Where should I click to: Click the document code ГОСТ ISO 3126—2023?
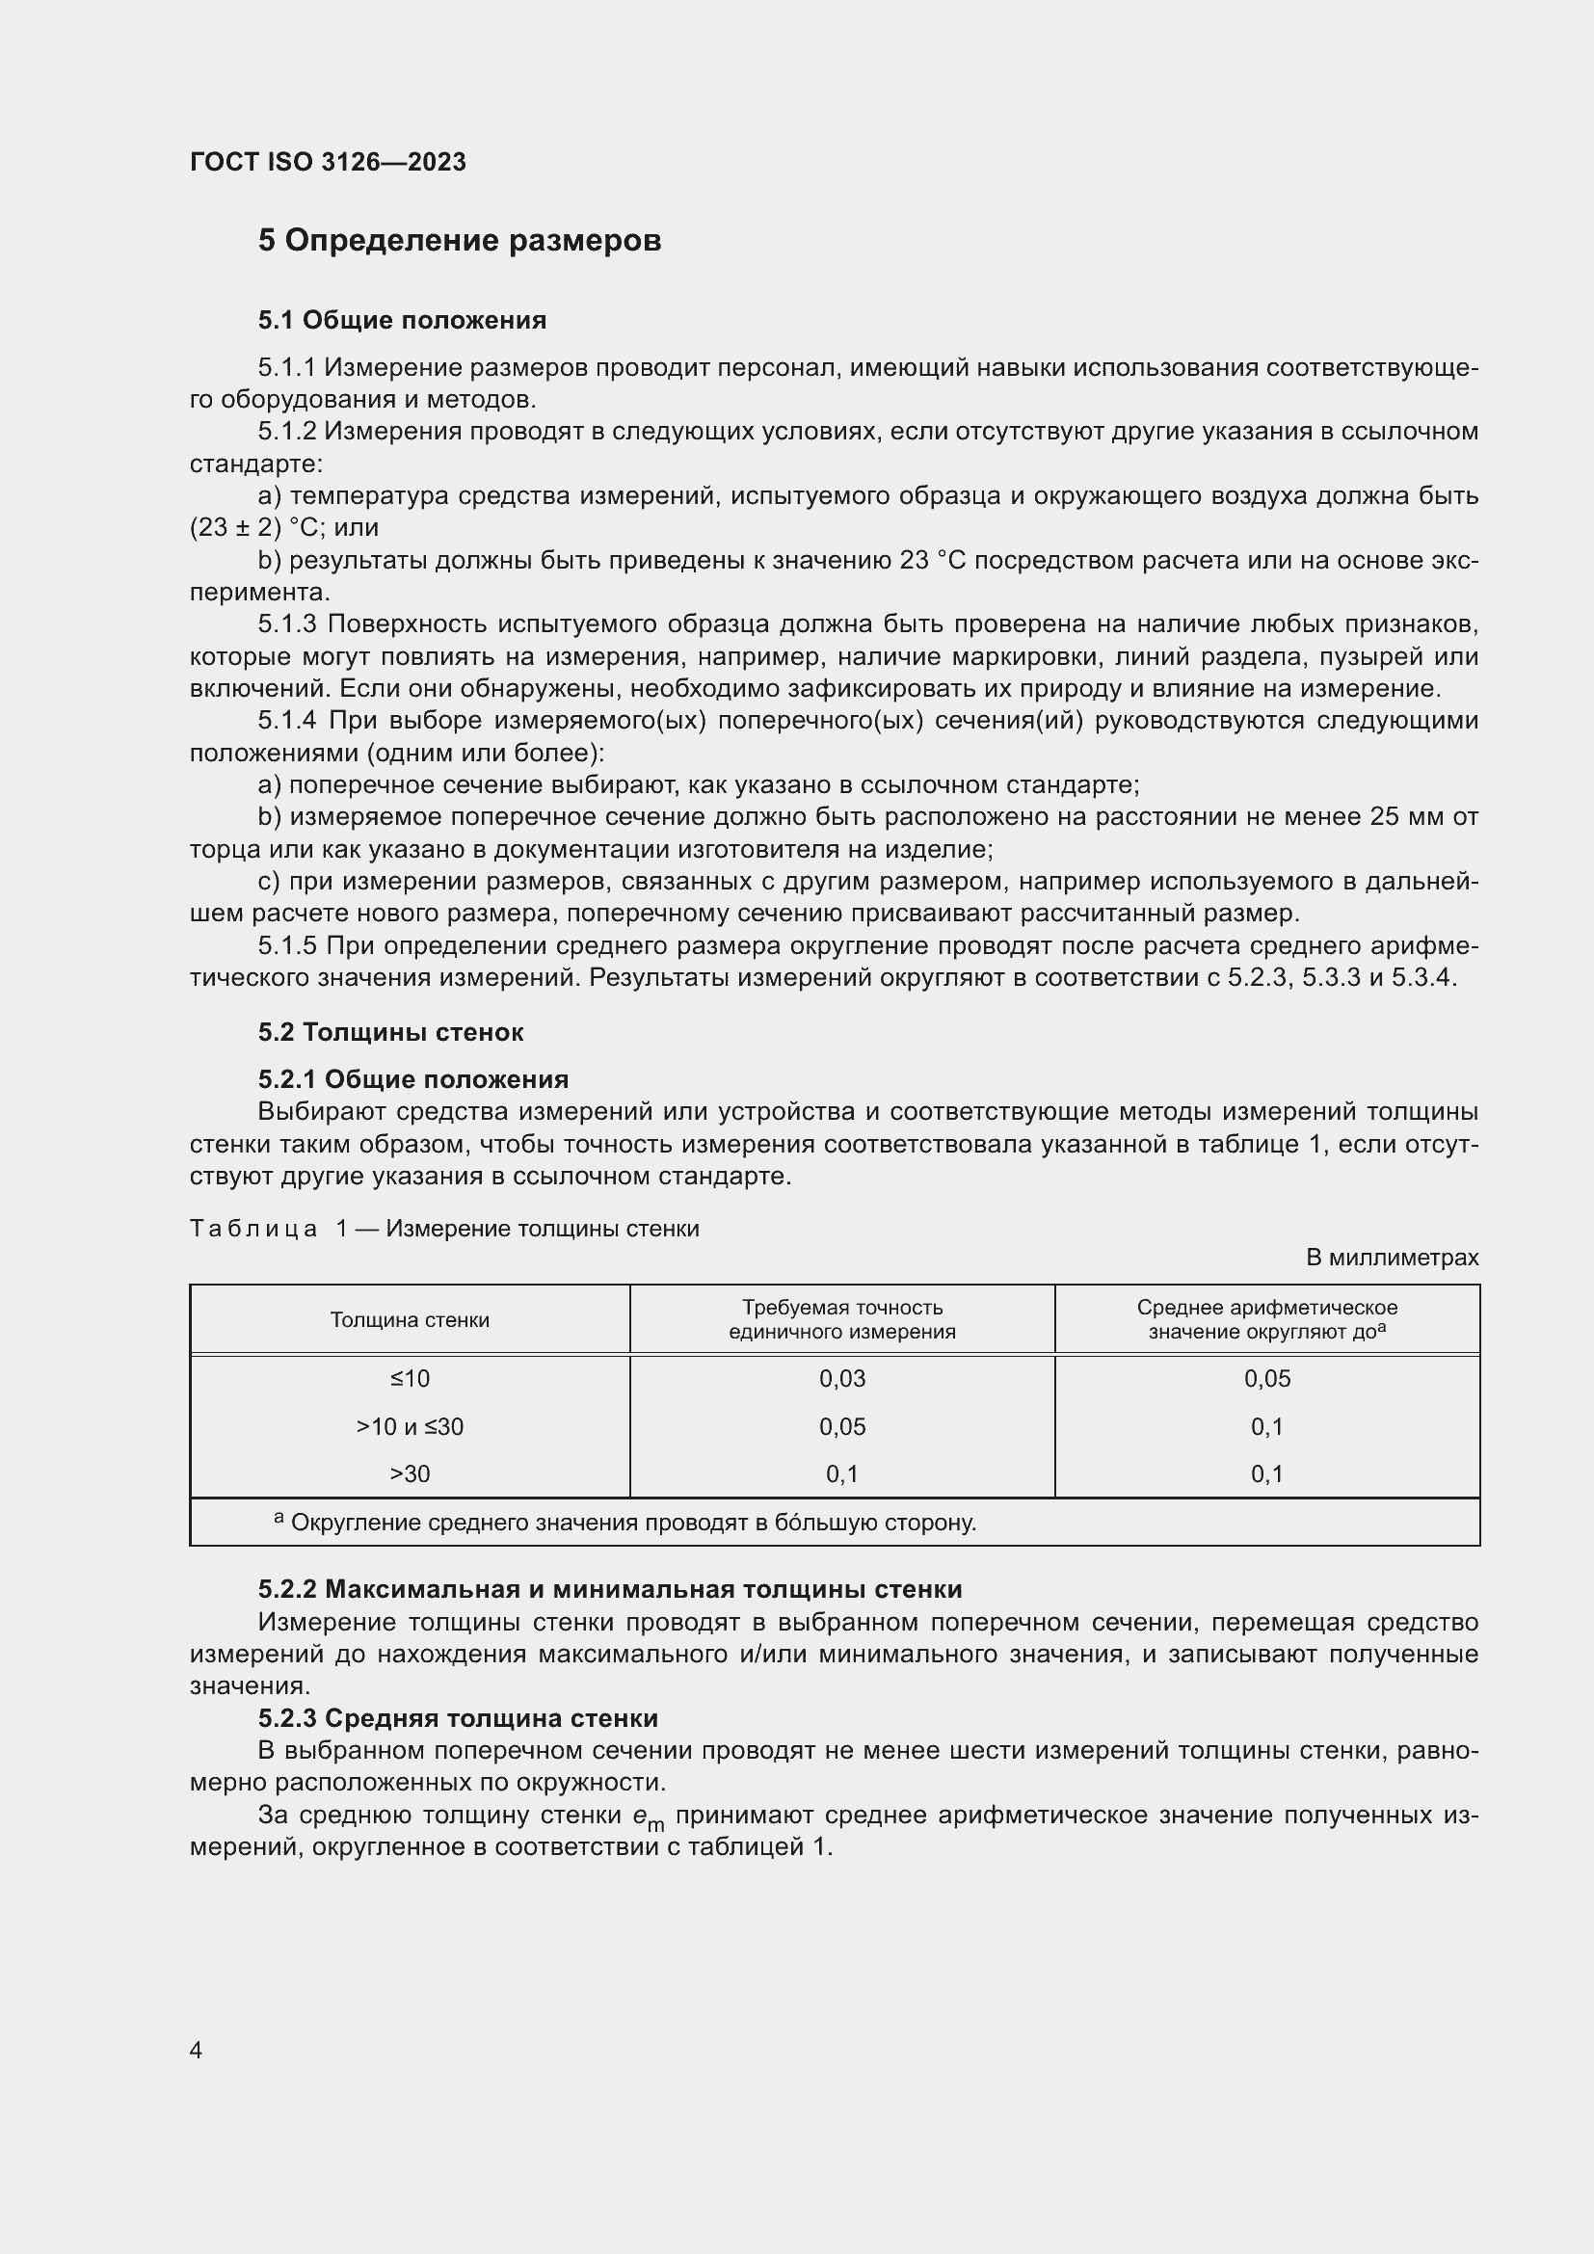coord(327,162)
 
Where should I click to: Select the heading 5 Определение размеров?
coord(460,241)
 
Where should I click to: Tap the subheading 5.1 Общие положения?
coord(403,320)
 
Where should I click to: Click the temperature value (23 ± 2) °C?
coord(257,528)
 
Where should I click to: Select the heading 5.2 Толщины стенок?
coord(390,1032)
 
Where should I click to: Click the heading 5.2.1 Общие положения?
coord(413,1079)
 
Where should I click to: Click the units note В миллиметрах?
coord(1392,1258)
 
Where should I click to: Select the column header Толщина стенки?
coord(410,1319)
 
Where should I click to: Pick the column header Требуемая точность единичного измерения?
coord(841,1319)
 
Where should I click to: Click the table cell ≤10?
coord(410,1378)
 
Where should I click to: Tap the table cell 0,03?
coord(842,1378)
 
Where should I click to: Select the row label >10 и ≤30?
coord(410,1426)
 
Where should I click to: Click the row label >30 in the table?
coord(410,1473)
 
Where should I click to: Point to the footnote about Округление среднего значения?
coord(628,1523)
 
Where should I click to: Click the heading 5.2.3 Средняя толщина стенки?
coord(458,1718)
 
